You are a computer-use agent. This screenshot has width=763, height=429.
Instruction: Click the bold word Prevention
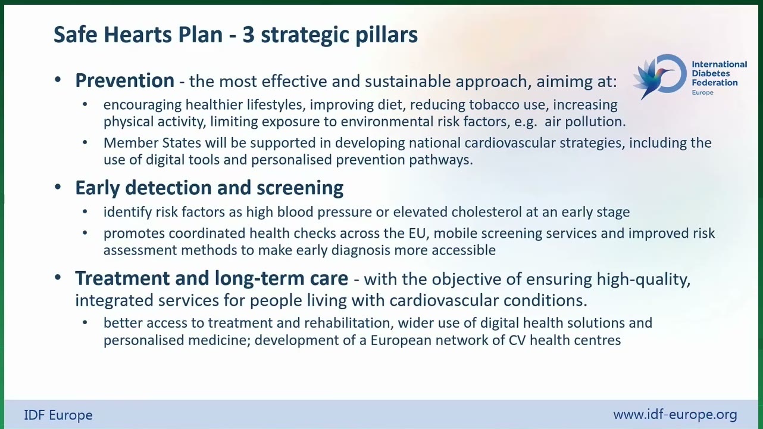click(124, 80)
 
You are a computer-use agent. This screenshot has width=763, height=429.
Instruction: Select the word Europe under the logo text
click(702, 93)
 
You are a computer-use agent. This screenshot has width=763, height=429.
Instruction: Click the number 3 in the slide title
click(248, 35)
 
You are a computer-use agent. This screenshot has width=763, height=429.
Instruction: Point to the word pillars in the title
click(386, 36)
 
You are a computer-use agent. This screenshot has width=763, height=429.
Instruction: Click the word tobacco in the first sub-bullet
click(494, 105)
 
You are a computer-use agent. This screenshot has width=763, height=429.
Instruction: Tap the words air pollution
click(585, 122)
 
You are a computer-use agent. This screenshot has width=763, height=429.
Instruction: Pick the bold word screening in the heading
click(300, 188)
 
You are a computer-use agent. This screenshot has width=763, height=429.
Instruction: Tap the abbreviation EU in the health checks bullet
click(418, 234)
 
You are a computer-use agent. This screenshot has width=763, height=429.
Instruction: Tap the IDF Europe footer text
click(58, 415)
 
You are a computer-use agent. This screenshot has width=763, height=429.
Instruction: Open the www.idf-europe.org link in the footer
click(675, 415)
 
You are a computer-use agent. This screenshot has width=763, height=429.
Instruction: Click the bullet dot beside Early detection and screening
click(58, 187)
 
